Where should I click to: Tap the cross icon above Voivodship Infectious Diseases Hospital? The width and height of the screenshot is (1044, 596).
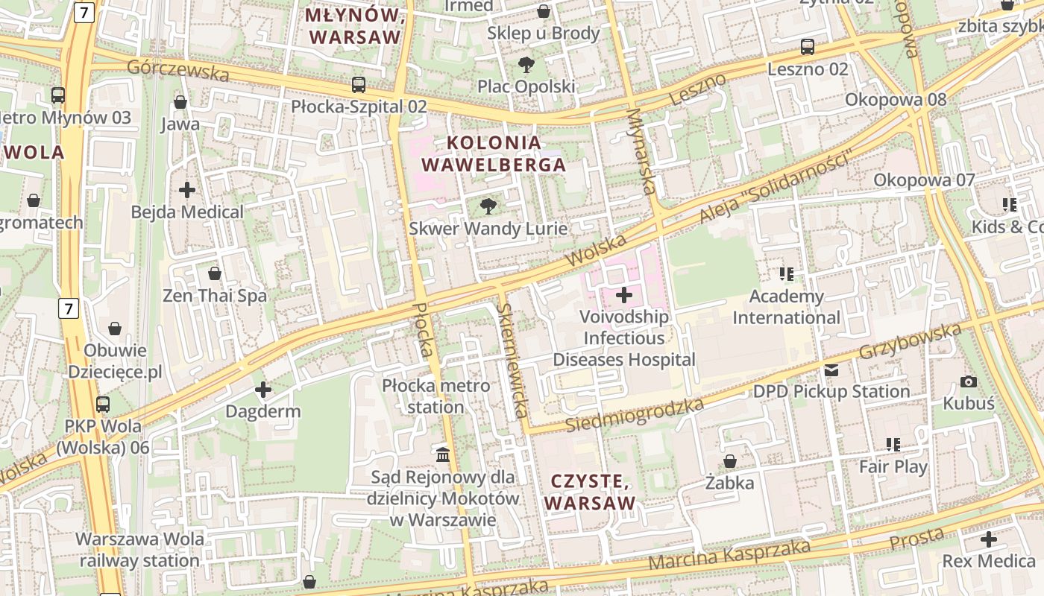point(624,296)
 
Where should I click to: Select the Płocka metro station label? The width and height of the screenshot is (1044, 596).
point(436,396)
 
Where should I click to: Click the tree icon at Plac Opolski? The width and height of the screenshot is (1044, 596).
point(526,65)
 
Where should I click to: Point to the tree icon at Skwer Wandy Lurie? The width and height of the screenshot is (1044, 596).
point(488,206)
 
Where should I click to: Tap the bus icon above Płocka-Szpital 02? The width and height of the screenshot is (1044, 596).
point(359,85)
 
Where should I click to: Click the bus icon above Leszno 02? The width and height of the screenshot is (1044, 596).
point(808,47)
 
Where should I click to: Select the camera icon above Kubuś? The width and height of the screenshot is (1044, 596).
point(969,382)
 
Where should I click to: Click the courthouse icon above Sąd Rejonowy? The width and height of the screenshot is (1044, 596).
point(443,454)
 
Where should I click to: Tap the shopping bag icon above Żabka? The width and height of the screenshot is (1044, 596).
point(730,461)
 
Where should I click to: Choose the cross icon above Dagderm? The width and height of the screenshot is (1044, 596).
point(262,390)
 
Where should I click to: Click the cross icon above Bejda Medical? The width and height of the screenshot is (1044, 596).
point(187,190)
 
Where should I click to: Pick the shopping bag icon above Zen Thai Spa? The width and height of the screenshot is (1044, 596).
point(215,274)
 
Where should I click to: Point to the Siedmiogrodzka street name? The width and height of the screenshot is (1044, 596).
point(635,416)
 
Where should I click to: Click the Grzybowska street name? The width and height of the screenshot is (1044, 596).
point(911,340)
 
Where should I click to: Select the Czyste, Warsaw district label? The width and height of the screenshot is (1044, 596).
point(590,492)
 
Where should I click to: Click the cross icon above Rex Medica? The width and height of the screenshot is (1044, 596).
point(989,539)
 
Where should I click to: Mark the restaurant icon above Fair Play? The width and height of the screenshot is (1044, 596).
point(893,445)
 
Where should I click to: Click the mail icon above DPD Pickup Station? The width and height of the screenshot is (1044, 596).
point(831,370)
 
